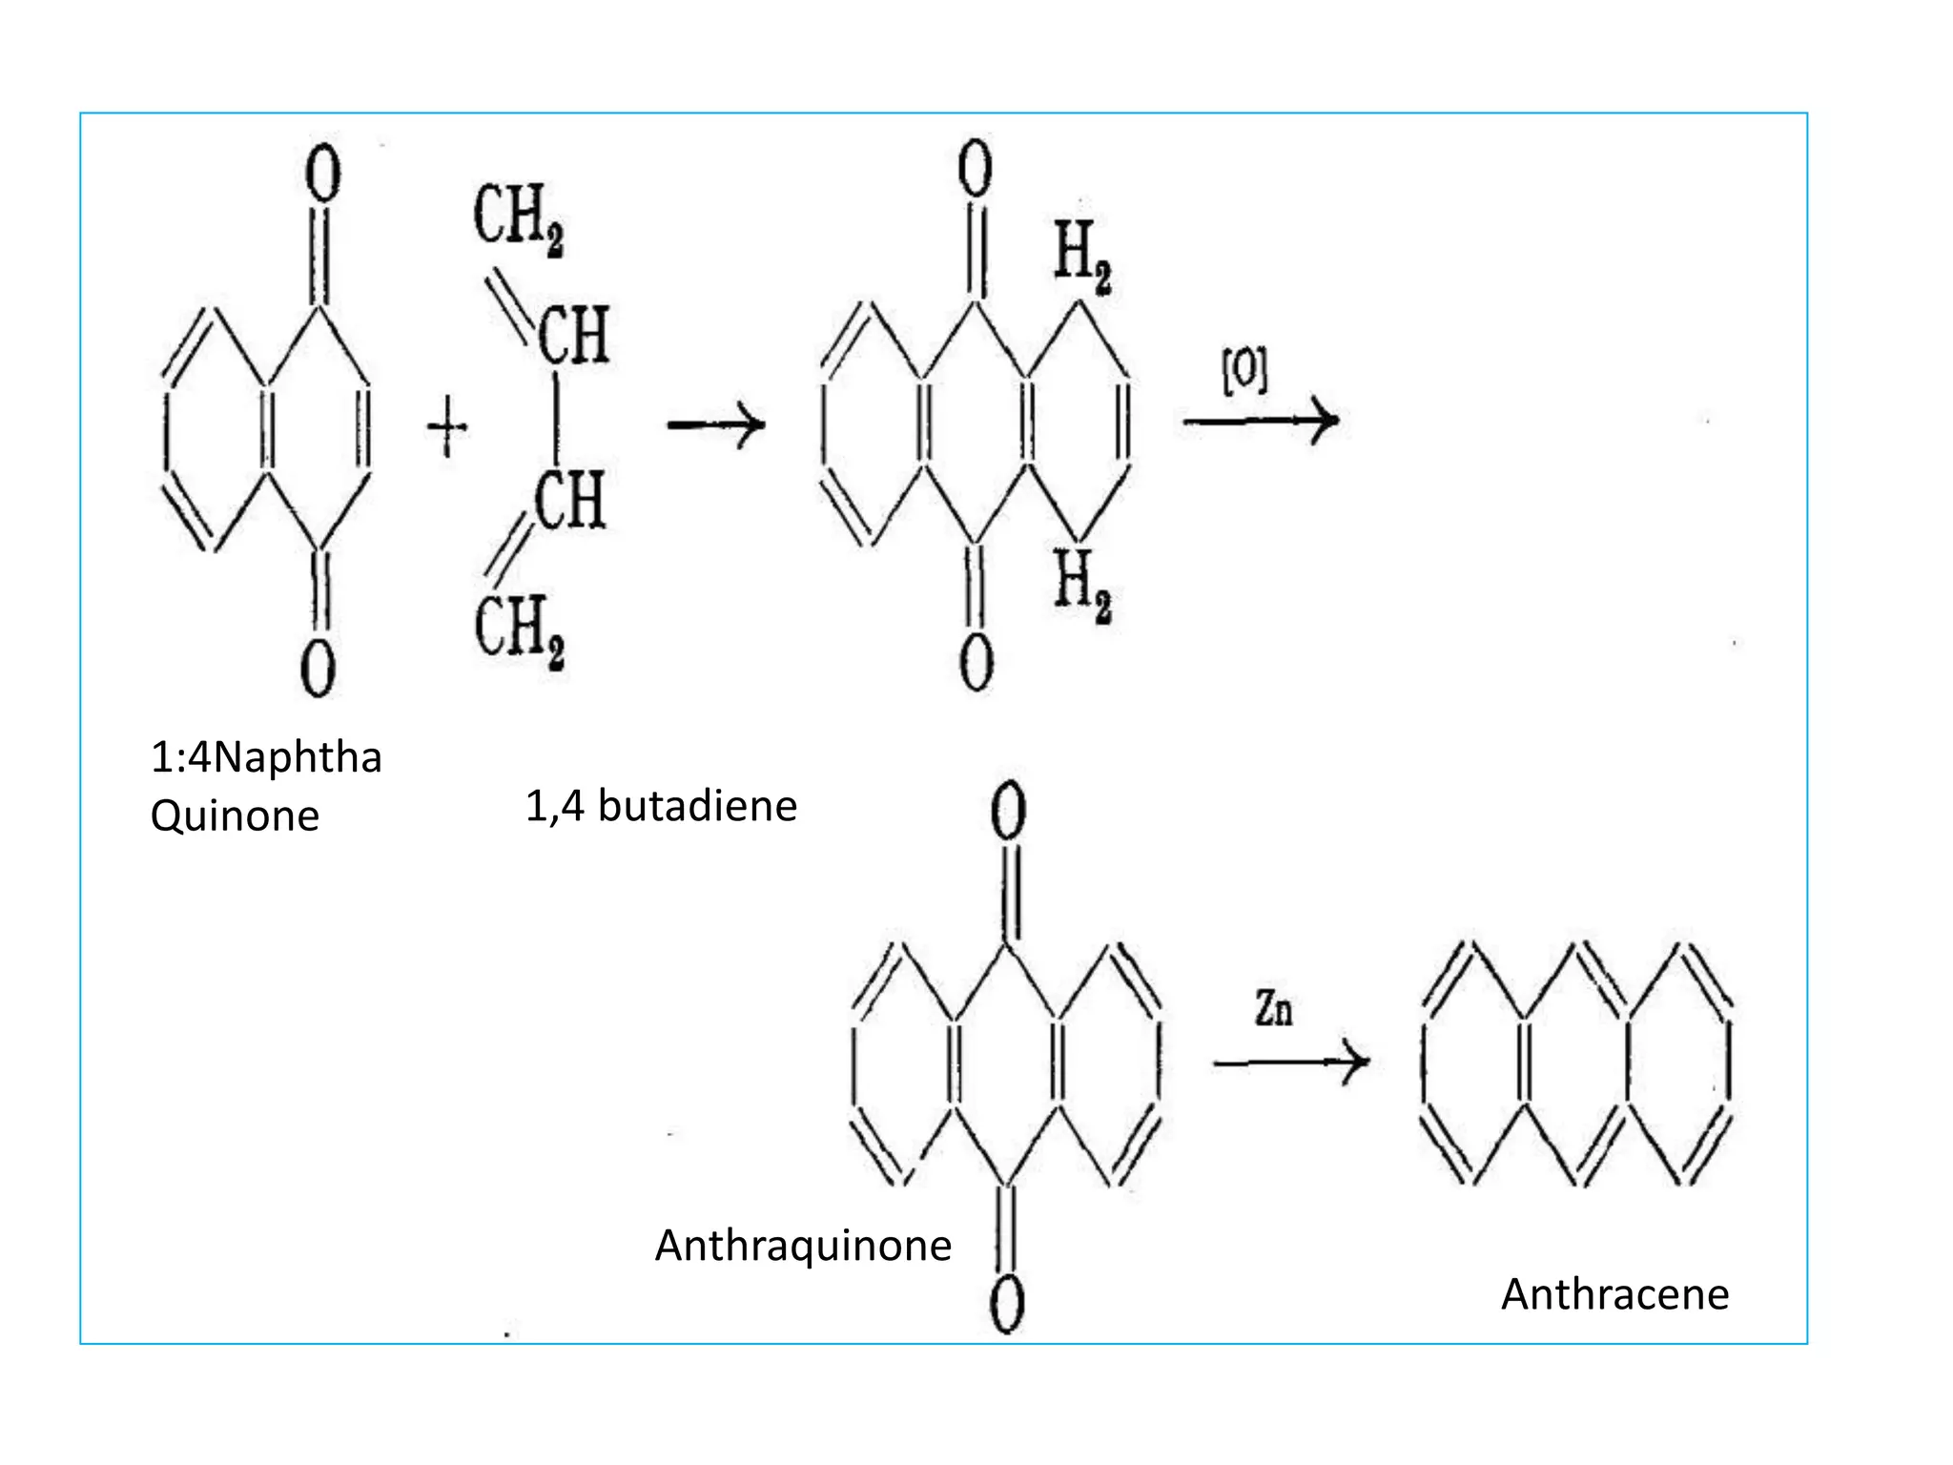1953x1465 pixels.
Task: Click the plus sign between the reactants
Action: [447, 427]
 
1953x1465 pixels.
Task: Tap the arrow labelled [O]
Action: [1261, 420]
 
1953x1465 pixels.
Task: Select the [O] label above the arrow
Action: [1245, 371]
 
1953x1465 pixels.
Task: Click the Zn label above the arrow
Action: [1273, 1009]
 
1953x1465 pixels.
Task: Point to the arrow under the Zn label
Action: [1291, 1061]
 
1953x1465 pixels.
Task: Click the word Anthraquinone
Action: [803, 1246]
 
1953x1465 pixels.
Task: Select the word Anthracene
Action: [1614, 1294]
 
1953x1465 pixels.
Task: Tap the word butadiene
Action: [697, 807]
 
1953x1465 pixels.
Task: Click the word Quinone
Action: [235, 816]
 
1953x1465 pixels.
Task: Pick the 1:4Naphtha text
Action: [266, 757]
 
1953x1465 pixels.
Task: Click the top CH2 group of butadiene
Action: [518, 218]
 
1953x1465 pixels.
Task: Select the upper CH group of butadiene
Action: [573, 336]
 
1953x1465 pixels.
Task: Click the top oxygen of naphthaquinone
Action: [322, 175]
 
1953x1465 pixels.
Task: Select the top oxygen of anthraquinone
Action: [1008, 813]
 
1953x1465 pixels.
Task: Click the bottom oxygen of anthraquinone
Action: [1007, 1305]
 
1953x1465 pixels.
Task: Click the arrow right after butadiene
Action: [716, 424]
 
